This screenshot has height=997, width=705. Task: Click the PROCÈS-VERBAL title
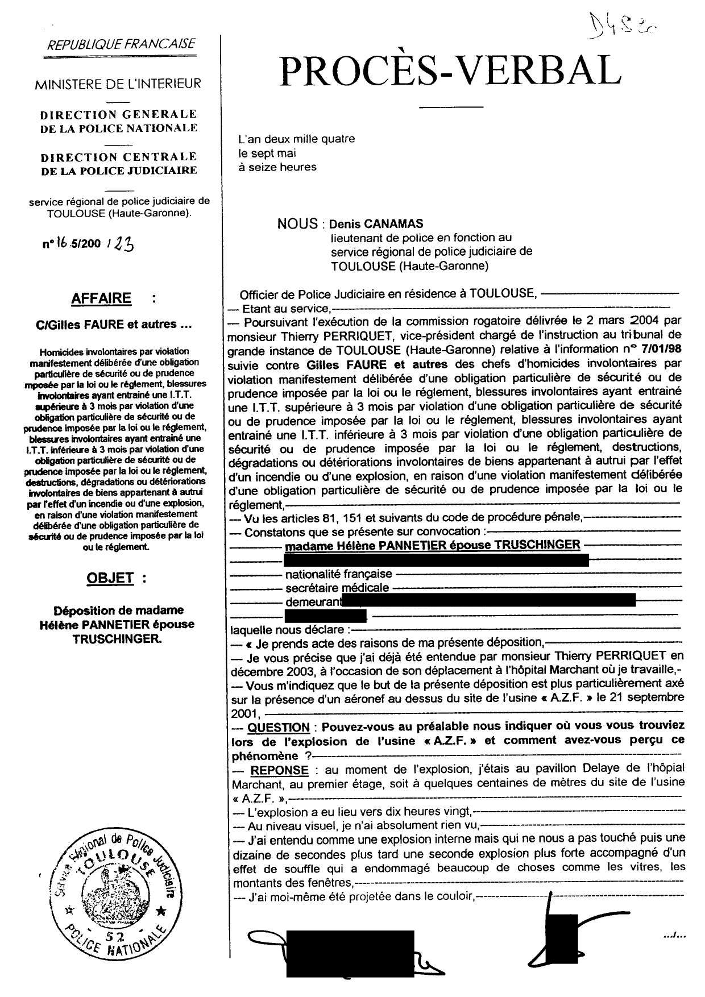[x=449, y=71]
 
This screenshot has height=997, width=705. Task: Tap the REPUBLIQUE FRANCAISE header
[x=122, y=44]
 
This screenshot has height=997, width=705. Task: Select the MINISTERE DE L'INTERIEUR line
[x=118, y=84]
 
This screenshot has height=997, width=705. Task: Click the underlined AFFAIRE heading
[x=101, y=298]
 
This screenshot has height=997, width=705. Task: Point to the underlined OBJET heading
[x=110, y=578]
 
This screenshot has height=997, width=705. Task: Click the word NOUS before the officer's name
[x=297, y=224]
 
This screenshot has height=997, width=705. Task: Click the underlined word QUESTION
[x=279, y=728]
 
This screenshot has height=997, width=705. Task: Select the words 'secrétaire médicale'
[x=337, y=588]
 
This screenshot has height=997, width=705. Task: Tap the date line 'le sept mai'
[x=267, y=153]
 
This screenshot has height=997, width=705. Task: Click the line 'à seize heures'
[x=277, y=167]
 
